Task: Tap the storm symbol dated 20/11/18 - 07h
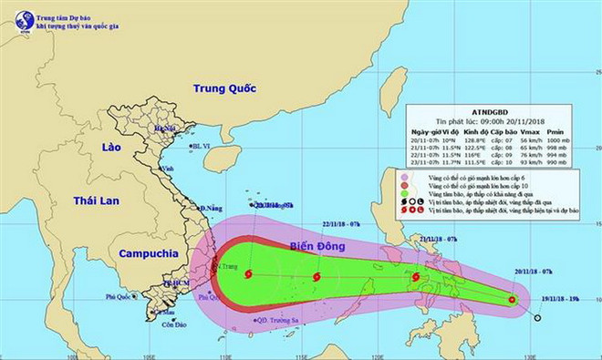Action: pos(513,299)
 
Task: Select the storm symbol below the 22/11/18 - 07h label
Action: pos(316,277)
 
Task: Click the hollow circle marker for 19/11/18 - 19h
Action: pos(537,317)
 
